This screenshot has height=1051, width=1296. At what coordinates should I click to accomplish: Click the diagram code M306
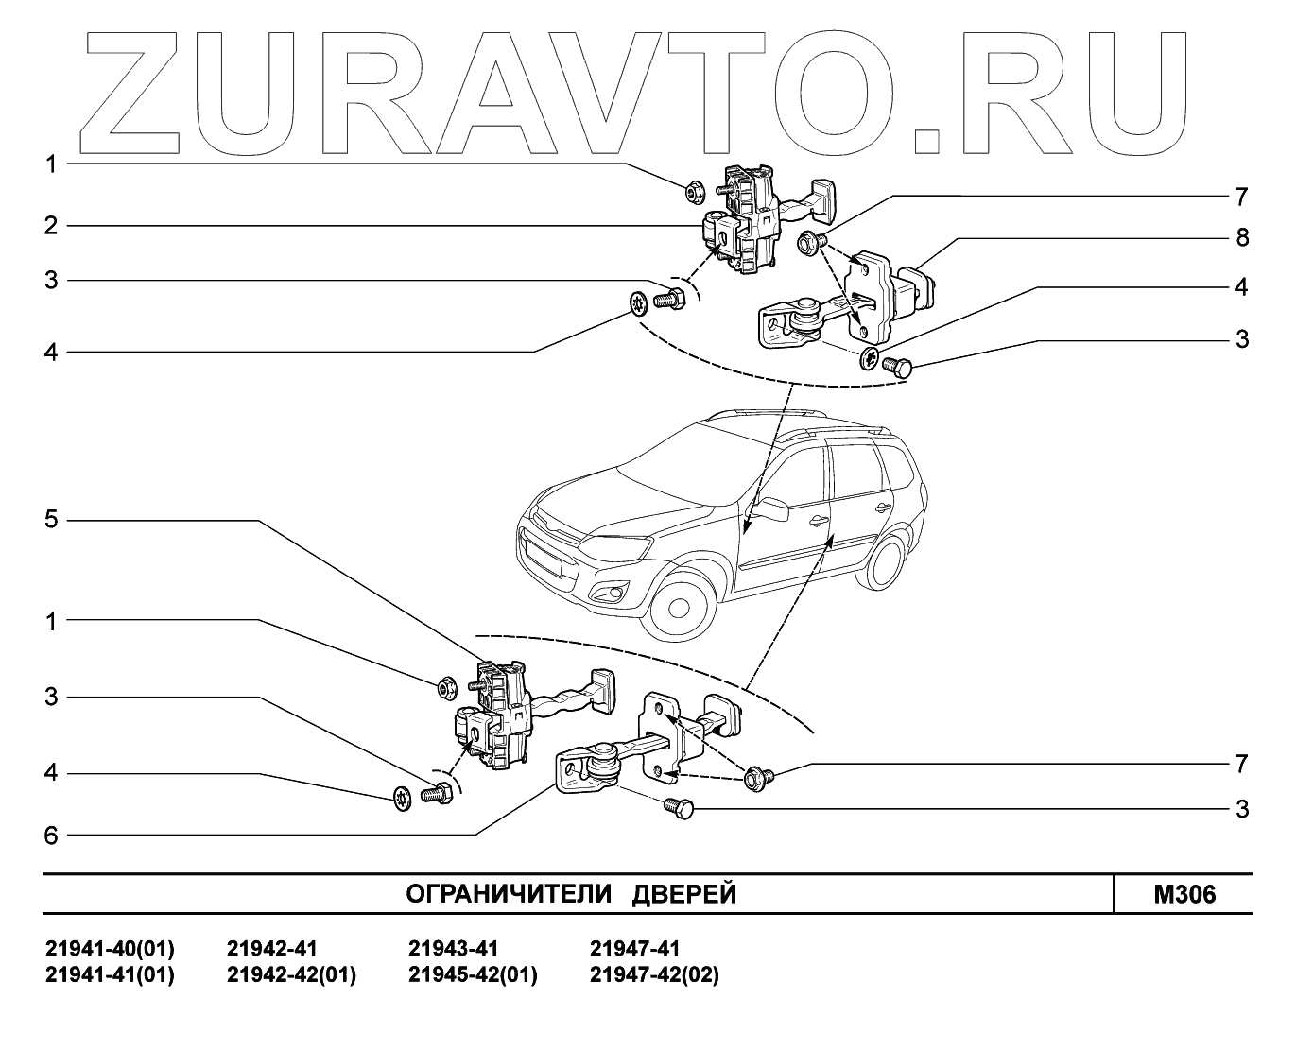1184,894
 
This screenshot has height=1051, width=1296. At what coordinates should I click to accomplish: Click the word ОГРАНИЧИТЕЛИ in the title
510,894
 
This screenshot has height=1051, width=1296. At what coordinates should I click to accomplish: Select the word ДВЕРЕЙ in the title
683,894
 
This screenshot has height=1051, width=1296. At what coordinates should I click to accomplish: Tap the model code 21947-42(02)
654,974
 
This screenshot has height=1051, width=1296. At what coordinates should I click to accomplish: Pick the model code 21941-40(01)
110,948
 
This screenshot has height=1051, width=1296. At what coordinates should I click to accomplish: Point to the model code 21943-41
453,948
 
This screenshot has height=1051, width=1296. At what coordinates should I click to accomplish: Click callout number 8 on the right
1242,237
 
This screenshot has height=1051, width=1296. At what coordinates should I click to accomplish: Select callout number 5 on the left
51,520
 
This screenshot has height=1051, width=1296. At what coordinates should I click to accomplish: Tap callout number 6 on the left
51,835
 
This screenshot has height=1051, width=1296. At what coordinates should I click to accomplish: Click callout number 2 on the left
51,226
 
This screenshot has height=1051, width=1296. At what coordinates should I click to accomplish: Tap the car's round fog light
606,594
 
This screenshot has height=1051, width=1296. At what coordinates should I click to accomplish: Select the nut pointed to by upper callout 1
693,194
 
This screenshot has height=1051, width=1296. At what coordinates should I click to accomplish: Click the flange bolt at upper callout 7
809,243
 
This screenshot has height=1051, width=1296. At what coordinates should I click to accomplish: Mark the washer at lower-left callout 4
402,798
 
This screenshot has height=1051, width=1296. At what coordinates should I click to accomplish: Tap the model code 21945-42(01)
473,974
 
